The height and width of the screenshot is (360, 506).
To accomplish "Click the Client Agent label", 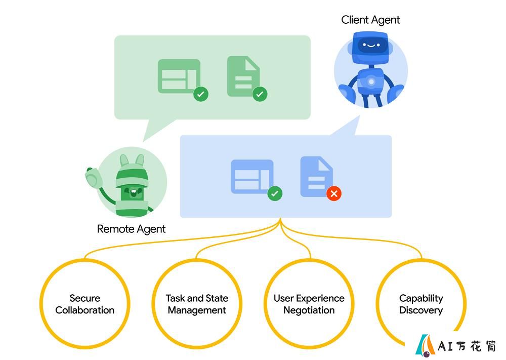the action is pos(370,20).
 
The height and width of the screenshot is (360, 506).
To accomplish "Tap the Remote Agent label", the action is pos(131,229).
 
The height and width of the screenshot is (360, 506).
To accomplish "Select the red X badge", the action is pos(333,194).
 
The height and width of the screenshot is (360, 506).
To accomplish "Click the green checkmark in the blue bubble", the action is pos(275,194).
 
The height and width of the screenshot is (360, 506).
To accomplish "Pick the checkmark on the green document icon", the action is pos(260,94).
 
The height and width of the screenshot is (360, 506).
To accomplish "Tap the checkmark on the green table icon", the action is pos(201,94).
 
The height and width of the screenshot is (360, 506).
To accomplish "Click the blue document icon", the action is pos(316,177).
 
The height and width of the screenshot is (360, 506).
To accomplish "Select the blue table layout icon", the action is pos(252,177).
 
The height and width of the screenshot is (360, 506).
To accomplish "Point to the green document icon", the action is pos(243,76).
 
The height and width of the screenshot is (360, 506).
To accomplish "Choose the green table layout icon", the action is pos(179,76).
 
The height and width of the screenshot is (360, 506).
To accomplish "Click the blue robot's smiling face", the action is pos(371,45).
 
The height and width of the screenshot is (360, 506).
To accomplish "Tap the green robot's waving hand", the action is pos(94,177).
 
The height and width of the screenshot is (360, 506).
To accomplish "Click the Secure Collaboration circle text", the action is pos(85,304).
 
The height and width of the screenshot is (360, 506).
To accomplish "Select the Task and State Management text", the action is pos(197,304).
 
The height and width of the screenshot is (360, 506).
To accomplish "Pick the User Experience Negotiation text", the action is pos(309,304).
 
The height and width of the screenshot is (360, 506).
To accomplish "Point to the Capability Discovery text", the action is pos(421,304).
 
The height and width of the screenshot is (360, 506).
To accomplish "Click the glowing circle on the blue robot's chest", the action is pos(371,82).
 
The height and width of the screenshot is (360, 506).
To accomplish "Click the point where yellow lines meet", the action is pos(280,220).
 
